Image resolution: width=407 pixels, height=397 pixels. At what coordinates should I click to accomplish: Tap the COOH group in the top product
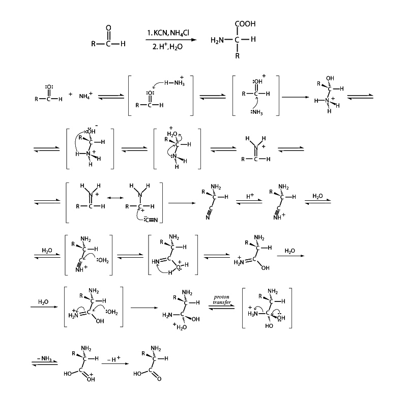pos(245,24)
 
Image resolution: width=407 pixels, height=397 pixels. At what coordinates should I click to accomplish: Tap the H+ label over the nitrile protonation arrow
pos(249,195)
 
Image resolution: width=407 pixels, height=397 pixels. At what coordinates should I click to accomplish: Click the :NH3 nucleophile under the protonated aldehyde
pos(255,113)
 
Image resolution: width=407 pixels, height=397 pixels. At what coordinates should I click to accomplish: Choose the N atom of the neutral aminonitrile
pos(209,218)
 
